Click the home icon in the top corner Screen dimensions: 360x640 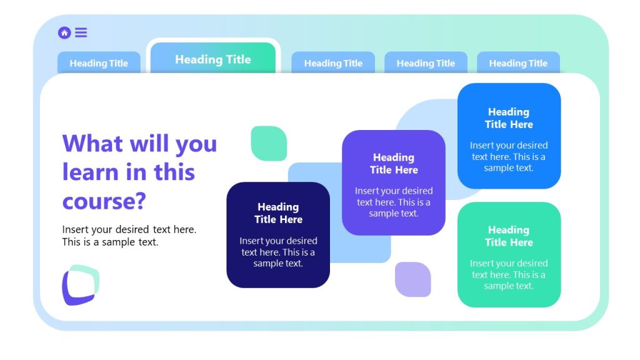(x=64, y=33)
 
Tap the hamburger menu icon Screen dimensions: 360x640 (x=81, y=32)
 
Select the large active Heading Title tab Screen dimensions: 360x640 (x=212, y=59)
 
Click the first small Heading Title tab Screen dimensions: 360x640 (x=99, y=63)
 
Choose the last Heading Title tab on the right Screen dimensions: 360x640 (x=518, y=63)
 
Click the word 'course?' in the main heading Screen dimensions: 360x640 (x=104, y=201)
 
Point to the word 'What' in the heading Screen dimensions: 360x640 (x=92, y=144)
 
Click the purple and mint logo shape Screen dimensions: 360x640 (x=81, y=285)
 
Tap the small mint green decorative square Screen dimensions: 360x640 (x=269, y=143)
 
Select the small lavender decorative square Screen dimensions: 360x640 (x=412, y=279)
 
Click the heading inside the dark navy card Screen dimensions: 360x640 (x=278, y=213)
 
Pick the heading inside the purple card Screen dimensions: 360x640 (x=394, y=164)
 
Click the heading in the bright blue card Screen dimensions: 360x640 (x=509, y=118)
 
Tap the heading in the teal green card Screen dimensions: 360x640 (x=509, y=236)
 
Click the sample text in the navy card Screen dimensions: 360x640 (x=278, y=252)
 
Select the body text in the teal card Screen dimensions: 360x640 (x=509, y=274)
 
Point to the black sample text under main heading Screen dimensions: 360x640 (x=129, y=236)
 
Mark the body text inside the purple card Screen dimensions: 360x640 (x=394, y=202)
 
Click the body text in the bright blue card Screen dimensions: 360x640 (x=509, y=156)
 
